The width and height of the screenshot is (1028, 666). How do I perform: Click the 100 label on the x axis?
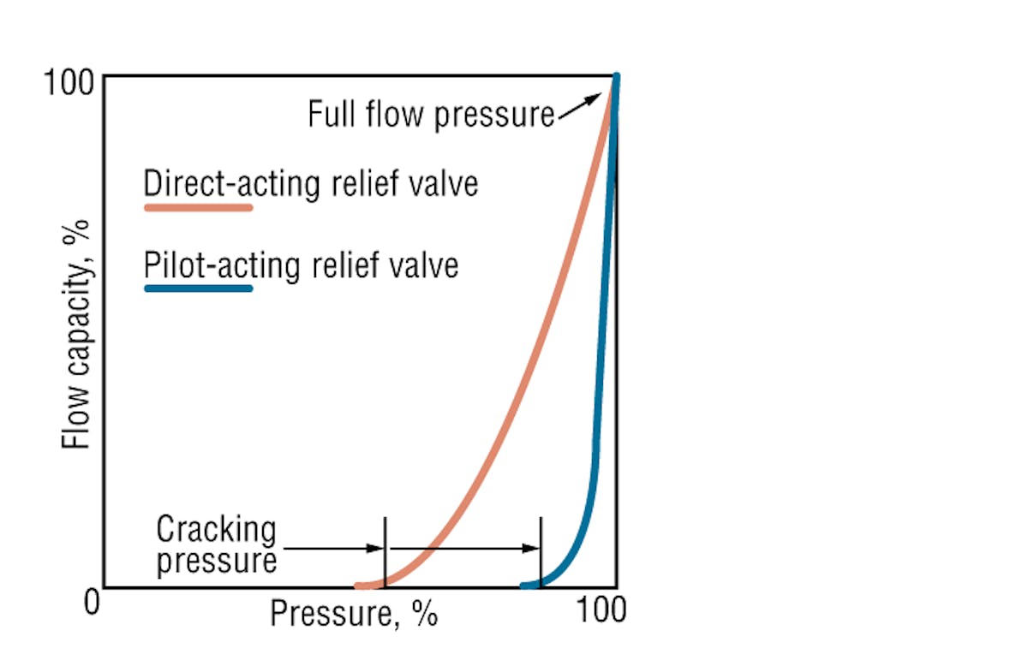601,610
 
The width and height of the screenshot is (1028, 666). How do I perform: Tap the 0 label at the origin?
93,603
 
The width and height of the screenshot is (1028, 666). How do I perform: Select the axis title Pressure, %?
354,613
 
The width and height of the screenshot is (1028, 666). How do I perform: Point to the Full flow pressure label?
431,114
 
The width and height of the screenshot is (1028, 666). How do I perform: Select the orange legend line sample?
198,207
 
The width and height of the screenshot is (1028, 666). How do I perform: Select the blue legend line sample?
198,288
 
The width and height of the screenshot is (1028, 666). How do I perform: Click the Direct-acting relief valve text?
310,183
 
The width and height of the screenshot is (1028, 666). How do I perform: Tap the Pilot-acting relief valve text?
301,265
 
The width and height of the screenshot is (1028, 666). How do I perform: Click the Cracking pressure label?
216,546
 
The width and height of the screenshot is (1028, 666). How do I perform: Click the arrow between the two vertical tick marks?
463,549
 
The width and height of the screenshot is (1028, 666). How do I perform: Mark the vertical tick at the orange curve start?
385,551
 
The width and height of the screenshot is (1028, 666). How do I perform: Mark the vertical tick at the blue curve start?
541,551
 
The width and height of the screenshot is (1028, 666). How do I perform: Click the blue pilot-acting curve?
600,385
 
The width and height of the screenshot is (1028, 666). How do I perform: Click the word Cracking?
216,531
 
